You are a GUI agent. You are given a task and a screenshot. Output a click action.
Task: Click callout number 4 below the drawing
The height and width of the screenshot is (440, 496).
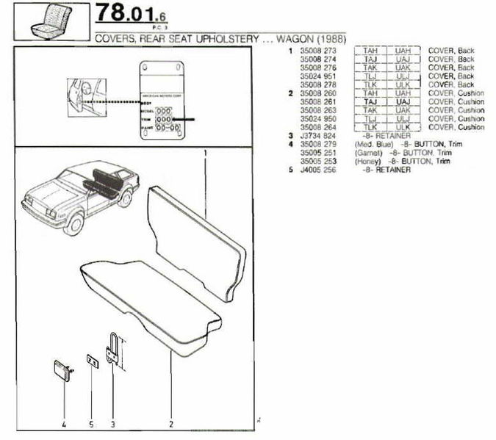(64, 425)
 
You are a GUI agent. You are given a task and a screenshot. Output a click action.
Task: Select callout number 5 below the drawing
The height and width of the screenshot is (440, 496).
(90, 425)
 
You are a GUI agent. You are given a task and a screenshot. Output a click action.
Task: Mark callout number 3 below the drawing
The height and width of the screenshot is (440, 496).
(112, 425)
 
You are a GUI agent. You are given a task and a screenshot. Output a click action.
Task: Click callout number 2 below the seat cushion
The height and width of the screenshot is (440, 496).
(171, 425)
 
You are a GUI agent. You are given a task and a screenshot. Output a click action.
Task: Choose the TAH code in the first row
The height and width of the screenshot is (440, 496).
(370, 50)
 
